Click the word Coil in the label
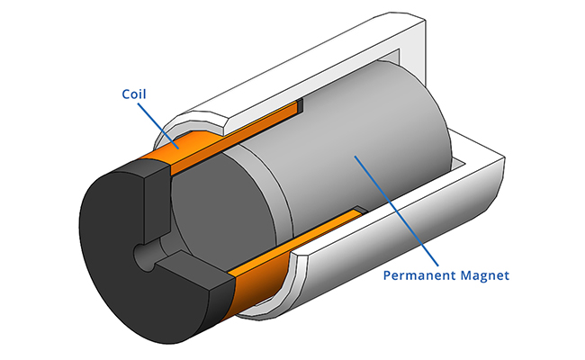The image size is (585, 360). point(134,93)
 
